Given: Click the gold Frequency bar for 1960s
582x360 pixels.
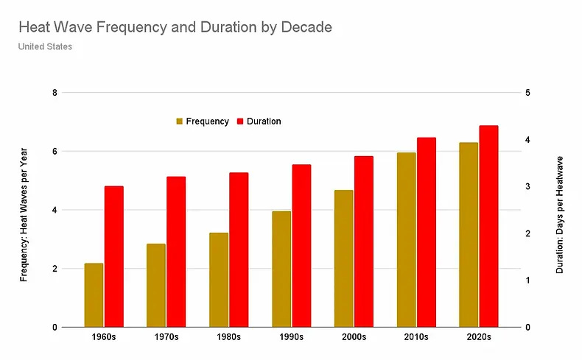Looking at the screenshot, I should [94, 295].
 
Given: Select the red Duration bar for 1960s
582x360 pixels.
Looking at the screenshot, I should [113, 257].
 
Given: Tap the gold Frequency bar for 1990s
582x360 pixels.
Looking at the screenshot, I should [281, 269].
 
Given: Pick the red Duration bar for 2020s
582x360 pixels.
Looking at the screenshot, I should [488, 226].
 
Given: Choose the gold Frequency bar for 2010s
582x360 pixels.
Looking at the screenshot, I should [406, 240].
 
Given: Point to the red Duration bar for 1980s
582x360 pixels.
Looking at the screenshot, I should [239, 250].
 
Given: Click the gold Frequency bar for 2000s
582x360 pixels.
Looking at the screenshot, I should [343, 258].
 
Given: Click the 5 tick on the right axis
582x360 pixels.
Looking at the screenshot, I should [528, 93].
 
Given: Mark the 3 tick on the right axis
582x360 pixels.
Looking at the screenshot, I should [528, 187].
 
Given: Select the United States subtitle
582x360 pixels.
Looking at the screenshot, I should [45, 46].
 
